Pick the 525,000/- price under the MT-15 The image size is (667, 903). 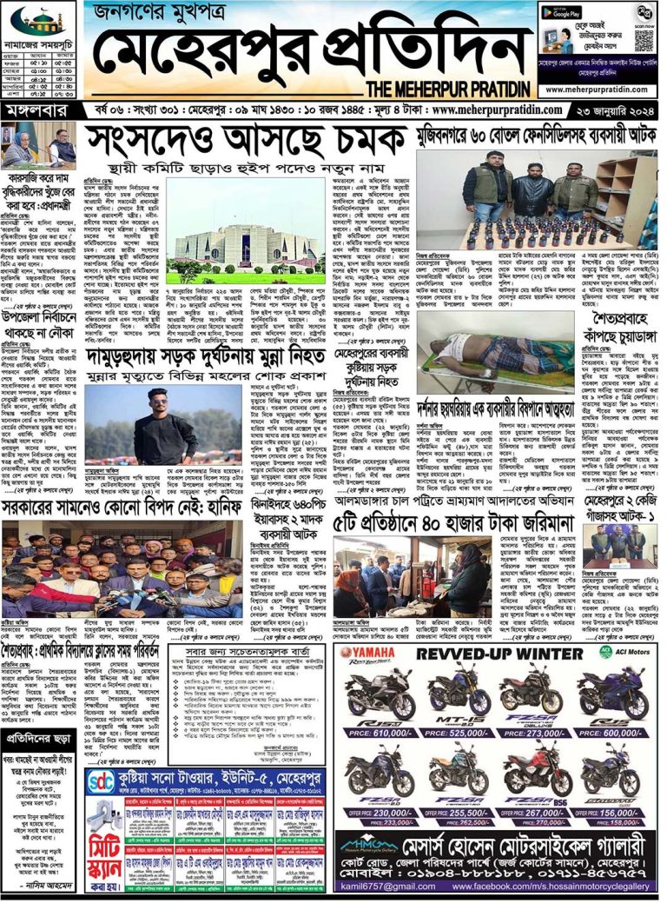tap(459, 733)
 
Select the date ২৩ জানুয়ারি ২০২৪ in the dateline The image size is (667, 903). tap(618, 111)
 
